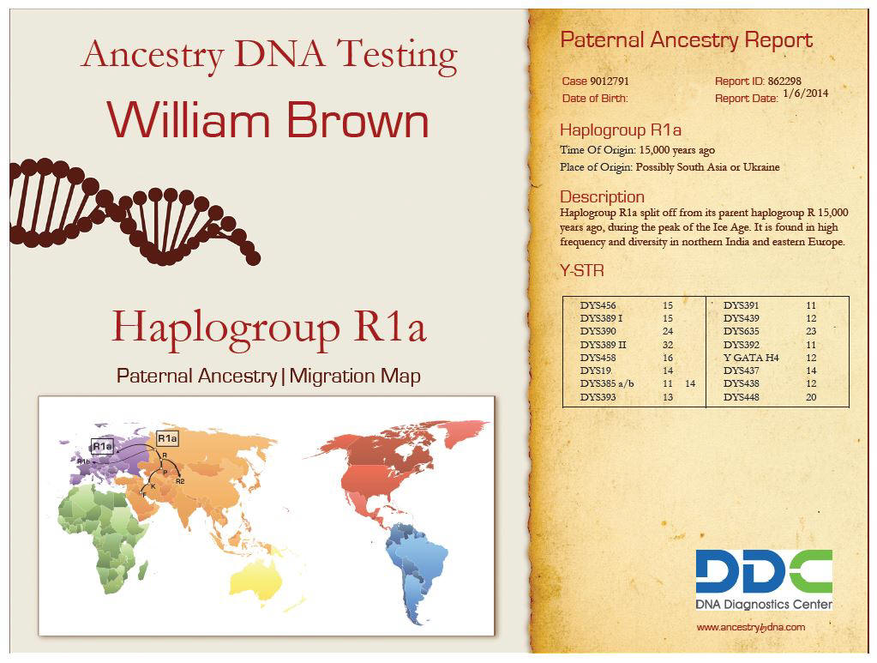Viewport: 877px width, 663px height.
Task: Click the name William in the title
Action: pos(189,120)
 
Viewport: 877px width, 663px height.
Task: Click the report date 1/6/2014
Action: pos(805,93)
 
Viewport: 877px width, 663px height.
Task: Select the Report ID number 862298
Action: pos(784,81)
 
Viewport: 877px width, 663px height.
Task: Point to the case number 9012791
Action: pos(610,81)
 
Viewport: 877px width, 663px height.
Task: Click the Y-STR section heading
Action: pos(582,271)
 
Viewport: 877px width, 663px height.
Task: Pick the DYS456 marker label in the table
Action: pos(598,305)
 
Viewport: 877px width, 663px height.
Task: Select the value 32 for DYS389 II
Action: pos(668,345)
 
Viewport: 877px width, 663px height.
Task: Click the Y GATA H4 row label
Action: pos(751,358)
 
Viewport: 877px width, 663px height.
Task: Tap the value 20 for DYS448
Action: pos(811,397)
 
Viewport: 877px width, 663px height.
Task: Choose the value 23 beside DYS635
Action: pos(811,331)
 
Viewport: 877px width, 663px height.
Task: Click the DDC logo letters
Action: pos(764,571)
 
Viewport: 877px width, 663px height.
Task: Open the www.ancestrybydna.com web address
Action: pos(751,627)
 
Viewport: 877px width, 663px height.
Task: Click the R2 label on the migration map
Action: pos(180,481)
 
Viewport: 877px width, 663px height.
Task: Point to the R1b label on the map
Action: pos(83,461)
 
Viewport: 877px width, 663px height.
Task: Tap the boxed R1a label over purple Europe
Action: pos(102,446)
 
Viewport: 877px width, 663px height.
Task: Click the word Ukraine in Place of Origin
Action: pos(761,166)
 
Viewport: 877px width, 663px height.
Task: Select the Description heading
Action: pos(603,197)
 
